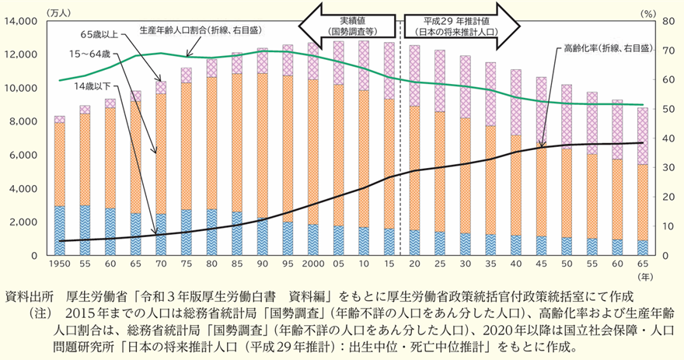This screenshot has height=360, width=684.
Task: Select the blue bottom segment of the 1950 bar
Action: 59,230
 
